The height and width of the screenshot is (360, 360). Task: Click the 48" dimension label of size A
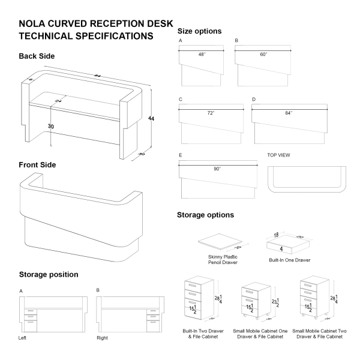202,54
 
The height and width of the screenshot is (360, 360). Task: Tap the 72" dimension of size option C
211,112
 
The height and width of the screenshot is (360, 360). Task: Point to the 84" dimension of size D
289,112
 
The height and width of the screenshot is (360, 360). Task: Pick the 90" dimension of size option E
217,169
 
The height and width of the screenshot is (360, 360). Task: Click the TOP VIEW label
279,155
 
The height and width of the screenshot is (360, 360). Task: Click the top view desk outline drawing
308,178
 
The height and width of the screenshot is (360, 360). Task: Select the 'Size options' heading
200,31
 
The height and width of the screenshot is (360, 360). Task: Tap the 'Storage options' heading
205,215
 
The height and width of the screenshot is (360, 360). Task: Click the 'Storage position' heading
48,274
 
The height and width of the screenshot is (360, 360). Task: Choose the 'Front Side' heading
37,164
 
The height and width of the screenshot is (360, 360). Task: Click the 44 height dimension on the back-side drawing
151,119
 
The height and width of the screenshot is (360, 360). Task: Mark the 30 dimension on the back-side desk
51,127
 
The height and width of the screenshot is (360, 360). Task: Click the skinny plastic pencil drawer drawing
220,242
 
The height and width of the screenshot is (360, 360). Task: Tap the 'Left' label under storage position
23,338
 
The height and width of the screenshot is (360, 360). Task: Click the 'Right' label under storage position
102,338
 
